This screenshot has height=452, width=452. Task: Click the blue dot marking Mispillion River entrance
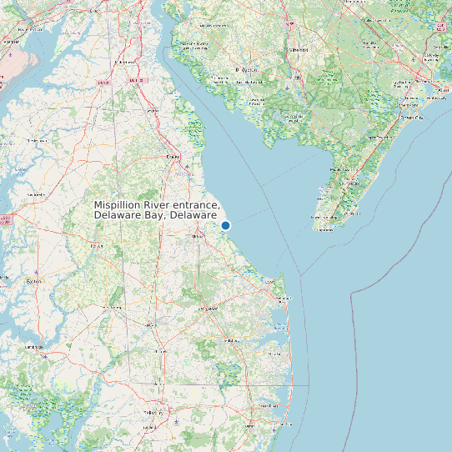[225, 225]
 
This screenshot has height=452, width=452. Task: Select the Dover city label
[173, 156]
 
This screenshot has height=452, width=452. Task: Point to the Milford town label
[198, 237]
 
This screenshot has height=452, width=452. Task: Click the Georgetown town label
[207, 309]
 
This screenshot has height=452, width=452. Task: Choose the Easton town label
[34, 281]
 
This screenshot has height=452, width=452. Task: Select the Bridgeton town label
[248, 70]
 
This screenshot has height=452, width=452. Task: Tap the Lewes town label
[269, 283]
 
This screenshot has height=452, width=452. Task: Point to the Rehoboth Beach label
[281, 298]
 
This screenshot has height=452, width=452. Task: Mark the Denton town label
[97, 247]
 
